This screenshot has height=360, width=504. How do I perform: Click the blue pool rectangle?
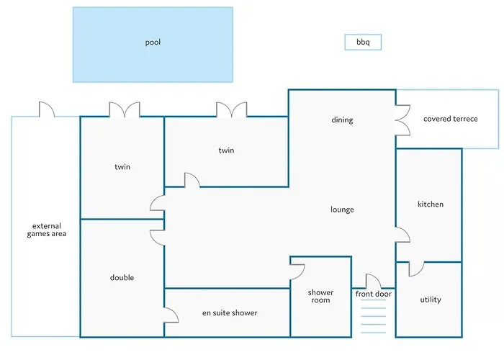click(153, 44)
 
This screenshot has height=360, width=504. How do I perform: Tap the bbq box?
click(363, 42)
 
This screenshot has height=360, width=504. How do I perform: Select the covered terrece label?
click(450, 119)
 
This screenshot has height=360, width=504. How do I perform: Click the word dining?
click(342, 120)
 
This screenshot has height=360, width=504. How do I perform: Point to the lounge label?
click(342, 210)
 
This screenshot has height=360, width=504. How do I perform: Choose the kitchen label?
click(431, 204)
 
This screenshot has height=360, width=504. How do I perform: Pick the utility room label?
click(430, 300)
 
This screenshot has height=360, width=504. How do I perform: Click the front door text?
click(373, 294)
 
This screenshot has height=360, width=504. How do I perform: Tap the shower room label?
click(320, 296)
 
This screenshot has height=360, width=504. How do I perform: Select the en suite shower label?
click(229, 312)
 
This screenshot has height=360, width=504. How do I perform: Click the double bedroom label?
click(122, 278)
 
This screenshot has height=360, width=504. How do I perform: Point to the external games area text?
click(47, 229)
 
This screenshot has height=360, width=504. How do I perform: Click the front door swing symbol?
click(373, 281)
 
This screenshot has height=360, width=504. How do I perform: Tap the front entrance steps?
click(373, 320)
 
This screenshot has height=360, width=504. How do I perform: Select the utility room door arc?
click(415, 269)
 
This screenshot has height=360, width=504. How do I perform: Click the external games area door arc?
click(46, 109)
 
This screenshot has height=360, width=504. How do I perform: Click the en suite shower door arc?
click(171, 315)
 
